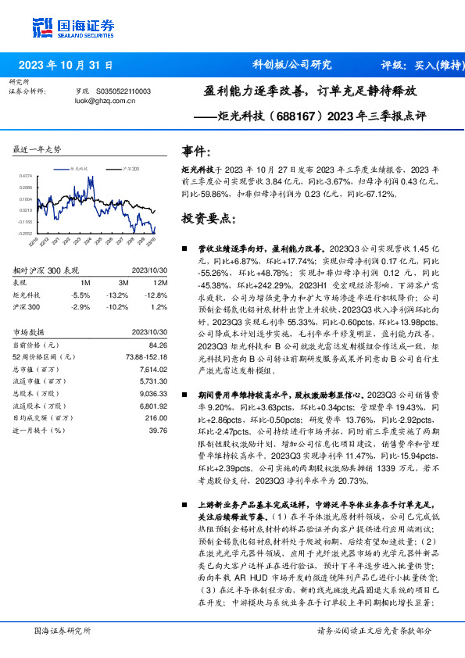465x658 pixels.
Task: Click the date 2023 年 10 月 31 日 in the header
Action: coord(65,65)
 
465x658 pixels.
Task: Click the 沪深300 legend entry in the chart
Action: coord(130,168)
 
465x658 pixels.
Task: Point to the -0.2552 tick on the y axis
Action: coord(26,233)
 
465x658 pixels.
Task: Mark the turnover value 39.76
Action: coord(158,430)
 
